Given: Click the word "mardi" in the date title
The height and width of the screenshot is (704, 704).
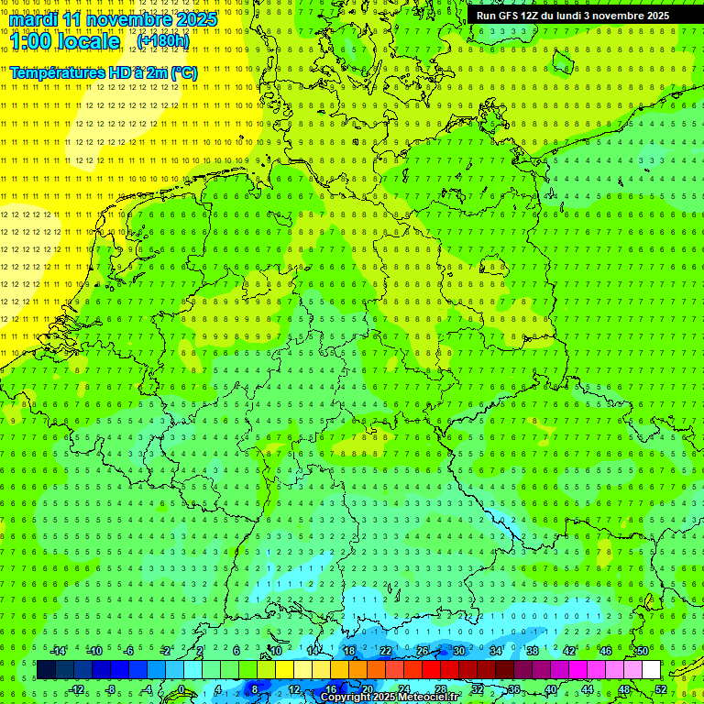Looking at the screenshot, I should tap(35, 19).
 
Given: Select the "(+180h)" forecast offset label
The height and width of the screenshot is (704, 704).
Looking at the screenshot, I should tap(163, 41).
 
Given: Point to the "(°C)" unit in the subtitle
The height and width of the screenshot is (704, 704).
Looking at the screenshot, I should tap(183, 72).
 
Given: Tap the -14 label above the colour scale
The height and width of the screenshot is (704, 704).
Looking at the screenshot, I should tap(58, 651).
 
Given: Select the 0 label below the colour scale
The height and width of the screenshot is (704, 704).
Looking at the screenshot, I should tap(181, 689).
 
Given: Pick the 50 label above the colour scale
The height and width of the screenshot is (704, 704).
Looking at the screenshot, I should tap(642, 651).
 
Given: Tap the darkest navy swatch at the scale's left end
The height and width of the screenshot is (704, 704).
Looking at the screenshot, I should tap(46, 670).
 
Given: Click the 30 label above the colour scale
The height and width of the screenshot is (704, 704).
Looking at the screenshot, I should tap(458, 651).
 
